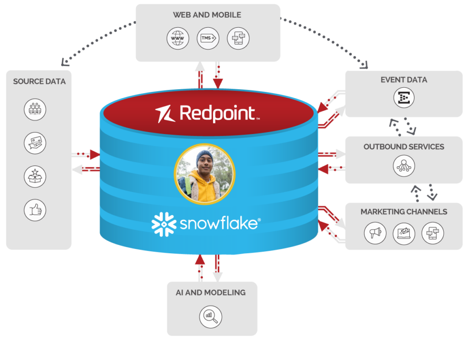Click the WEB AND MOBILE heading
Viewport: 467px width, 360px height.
tap(207, 15)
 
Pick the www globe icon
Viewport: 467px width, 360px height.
tap(178, 38)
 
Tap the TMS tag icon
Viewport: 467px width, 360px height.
tap(208, 38)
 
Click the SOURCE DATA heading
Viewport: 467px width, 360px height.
tap(39, 82)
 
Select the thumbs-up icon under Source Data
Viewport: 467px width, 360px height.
tap(35, 210)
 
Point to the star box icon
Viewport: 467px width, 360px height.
tap(35, 176)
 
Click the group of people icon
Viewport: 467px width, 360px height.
tap(35, 110)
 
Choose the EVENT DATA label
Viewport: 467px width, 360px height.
tap(404, 80)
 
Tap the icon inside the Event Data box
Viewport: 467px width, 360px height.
tap(404, 98)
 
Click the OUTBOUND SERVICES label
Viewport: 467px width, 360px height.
tap(404, 146)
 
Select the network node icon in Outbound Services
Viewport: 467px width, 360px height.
tap(404, 166)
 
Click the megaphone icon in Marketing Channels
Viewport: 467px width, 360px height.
tap(375, 233)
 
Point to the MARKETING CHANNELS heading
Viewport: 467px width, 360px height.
tap(404, 212)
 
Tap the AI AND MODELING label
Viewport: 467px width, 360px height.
tap(211, 292)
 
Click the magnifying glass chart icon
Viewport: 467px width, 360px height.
tap(211, 316)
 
